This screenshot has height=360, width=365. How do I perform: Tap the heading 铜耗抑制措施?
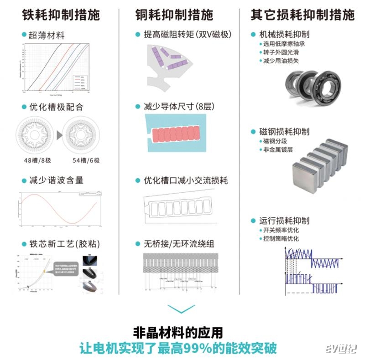point(174,15)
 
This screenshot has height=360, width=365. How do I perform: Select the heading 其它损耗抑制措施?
point(302,15)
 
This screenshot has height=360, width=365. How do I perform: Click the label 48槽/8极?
point(37,160)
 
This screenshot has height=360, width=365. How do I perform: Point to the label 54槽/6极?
point(86,160)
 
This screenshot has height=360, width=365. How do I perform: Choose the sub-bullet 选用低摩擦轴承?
point(284,44)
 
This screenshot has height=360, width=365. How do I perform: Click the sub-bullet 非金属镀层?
point(278,149)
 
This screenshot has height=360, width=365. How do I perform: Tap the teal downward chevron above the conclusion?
point(182,309)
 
